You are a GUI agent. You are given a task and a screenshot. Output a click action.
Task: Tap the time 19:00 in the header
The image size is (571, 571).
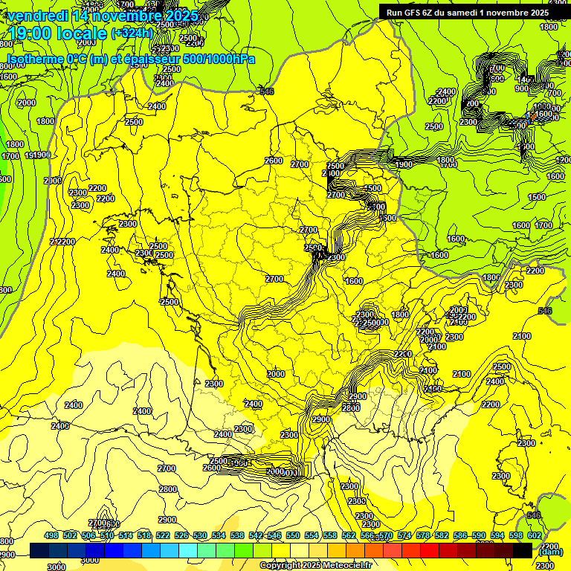click(30, 33)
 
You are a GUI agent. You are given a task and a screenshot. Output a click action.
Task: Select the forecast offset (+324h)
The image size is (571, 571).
click(132, 33)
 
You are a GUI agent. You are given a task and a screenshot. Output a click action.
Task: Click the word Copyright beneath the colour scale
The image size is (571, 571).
click(281, 565)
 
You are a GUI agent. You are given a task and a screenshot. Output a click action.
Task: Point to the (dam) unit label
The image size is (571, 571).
click(549, 551)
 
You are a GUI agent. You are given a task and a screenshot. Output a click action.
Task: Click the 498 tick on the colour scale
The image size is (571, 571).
click(51, 535)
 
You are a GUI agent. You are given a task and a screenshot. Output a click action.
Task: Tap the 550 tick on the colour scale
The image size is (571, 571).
click(292, 535)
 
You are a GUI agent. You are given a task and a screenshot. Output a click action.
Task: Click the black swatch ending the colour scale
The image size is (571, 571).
click(523, 550)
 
